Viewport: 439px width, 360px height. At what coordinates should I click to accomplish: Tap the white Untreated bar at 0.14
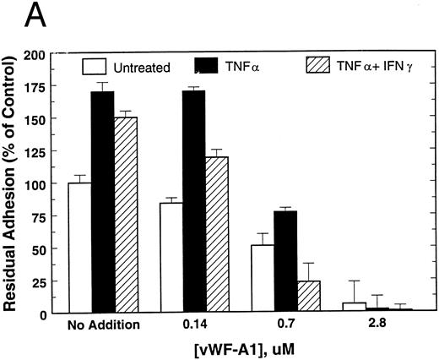[170, 258]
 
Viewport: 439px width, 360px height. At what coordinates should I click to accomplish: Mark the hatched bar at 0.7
[308, 297]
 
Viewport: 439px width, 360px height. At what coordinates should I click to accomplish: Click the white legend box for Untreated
[99, 65]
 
